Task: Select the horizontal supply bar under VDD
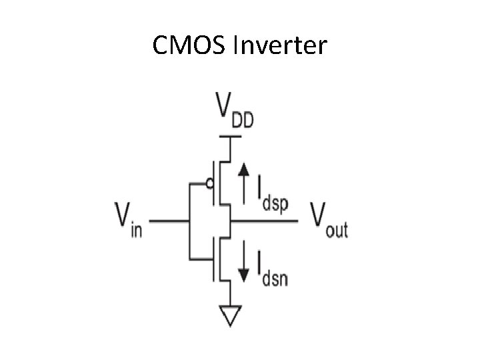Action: point(230,136)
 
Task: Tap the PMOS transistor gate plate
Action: point(214,183)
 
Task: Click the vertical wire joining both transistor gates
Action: point(190,220)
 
